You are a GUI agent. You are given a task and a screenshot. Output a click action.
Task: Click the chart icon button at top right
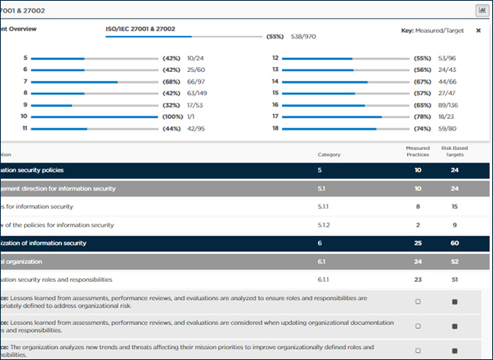[482, 10]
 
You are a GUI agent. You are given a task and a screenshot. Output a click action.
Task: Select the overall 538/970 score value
[303, 37]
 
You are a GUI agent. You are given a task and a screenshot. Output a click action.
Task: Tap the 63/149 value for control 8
[199, 93]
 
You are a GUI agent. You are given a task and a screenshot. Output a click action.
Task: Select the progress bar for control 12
[345, 59]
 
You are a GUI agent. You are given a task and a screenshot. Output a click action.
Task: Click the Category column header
[330, 155]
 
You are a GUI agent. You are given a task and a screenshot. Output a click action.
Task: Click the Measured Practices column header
[418, 151]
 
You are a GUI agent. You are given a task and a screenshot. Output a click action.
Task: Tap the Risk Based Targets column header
[455, 151]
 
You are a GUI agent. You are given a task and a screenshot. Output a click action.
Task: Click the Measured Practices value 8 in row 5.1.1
[418, 206]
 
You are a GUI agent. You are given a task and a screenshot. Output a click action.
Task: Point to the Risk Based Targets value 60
[455, 243]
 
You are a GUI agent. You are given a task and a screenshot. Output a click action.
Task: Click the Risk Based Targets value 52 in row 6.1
[455, 261]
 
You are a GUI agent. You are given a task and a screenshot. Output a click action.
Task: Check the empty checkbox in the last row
[418, 350]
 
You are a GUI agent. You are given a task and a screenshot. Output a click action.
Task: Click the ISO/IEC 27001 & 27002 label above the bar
[141, 29]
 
